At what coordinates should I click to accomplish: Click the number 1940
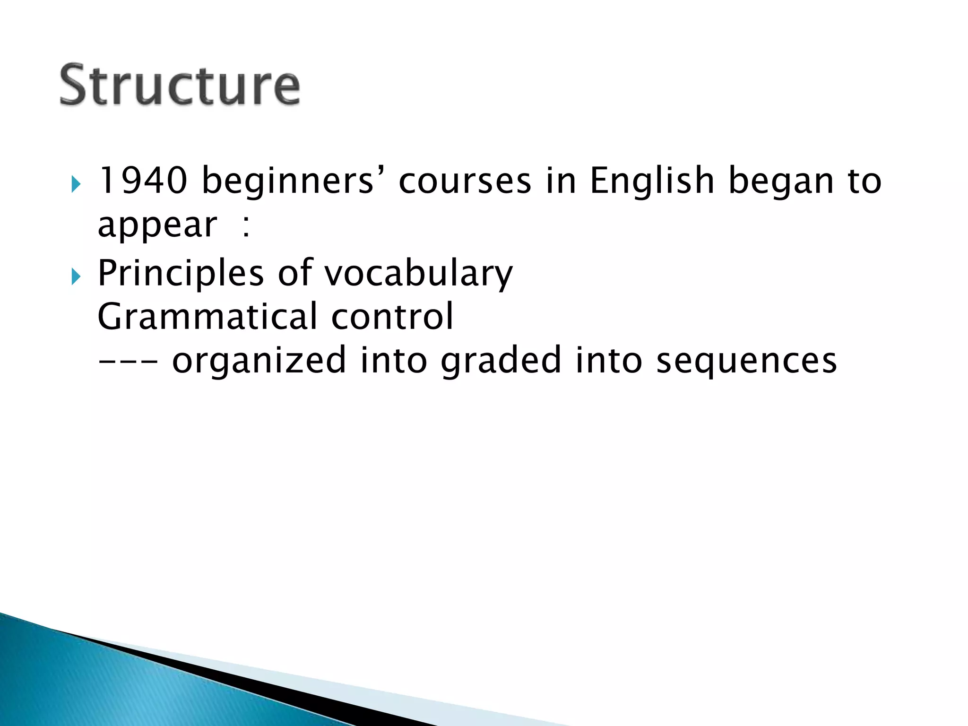coord(142,181)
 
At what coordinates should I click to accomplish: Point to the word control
coord(392,317)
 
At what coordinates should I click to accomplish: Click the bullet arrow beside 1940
coord(76,183)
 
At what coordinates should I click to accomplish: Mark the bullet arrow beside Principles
coord(76,276)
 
